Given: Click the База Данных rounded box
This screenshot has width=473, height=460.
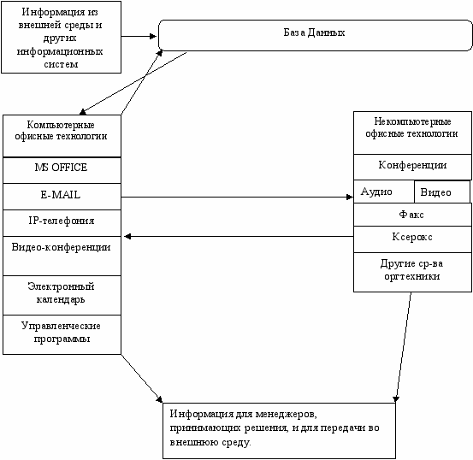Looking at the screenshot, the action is pyautogui.click(x=316, y=35).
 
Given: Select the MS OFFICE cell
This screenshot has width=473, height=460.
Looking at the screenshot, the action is pyautogui.click(x=62, y=170).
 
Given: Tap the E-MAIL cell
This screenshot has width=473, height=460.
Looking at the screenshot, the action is pyautogui.click(x=62, y=197).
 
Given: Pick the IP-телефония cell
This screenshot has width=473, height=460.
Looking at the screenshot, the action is pyautogui.click(x=62, y=223).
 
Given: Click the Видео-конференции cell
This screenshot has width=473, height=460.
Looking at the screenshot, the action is pyautogui.click(x=62, y=256).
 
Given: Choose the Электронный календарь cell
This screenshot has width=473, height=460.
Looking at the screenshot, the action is pyautogui.click(x=62, y=295).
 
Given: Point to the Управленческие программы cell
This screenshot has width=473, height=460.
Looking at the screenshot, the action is pyautogui.click(x=62, y=334).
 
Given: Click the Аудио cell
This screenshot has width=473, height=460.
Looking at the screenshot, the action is pyautogui.click(x=384, y=192).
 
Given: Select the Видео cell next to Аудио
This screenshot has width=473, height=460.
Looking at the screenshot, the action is pyautogui.click(x=442, y=192).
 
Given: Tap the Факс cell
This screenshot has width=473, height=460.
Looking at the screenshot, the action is pyautogui.click(x=412, y=215).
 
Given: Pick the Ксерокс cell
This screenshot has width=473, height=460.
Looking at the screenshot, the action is pyautogui.click(x=412, y=239).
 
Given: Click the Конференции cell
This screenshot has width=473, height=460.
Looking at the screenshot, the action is pyautogui.click(x=412, y=167).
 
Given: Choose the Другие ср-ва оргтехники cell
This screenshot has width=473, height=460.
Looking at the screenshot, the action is pyautogui.click(x=412, y=272).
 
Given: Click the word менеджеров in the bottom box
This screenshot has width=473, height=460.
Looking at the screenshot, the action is pyautogui.click(x=286, y=414).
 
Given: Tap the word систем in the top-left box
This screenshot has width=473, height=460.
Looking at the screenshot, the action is pyautogui.click(x=61, y=64).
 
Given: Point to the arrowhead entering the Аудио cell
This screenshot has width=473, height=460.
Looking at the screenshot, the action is pyautogui.click(x=350, y=198).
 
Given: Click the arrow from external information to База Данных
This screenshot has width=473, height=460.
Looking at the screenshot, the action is pyautogui.click(x=139, y=37).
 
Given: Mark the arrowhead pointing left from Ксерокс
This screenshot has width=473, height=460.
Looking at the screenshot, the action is pyautogui.click(x=127, y=237).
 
